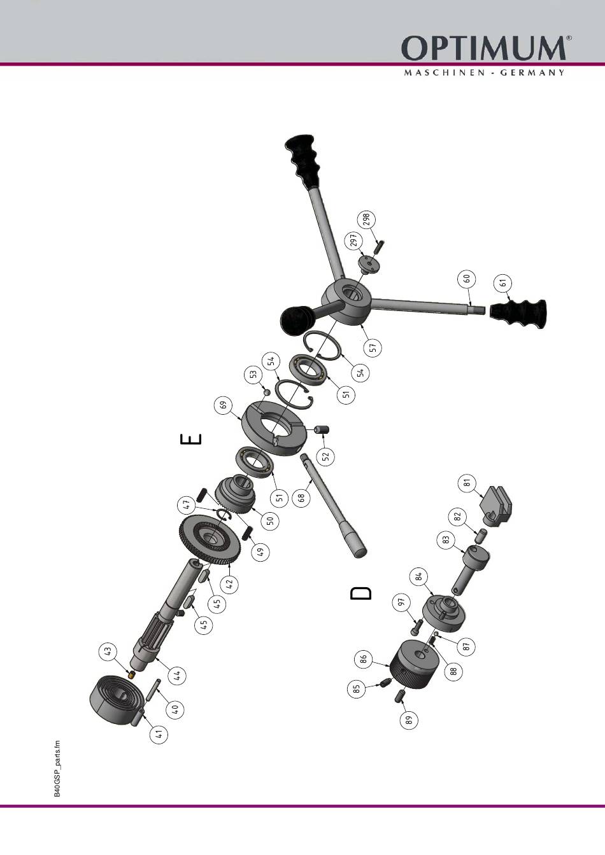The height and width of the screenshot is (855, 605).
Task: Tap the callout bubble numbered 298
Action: click(x=367, y=221)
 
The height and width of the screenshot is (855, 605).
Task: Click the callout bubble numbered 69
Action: click(x=224, y=405)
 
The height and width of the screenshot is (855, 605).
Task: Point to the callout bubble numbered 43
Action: click(x=108, y=650)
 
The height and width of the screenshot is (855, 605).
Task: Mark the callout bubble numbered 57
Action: click(x=373, y=347)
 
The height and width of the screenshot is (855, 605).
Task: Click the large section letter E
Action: click(x=190, y=439)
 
